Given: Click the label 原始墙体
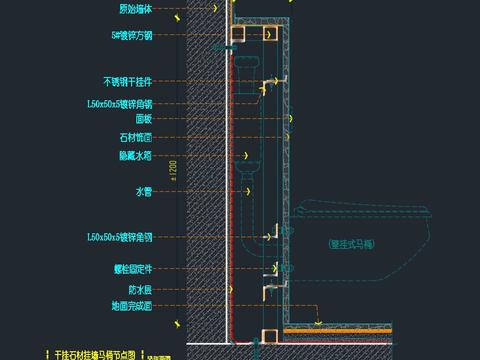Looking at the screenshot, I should (x=135, y=9).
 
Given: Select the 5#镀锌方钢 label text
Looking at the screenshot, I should (x=132, y=35).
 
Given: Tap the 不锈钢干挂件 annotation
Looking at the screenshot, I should (x=127, y=81).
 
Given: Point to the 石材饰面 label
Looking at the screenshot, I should (x=135, y=137).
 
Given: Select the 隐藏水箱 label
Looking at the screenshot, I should (x=135, y=155).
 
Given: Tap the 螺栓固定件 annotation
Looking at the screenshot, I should (x=132, y=269).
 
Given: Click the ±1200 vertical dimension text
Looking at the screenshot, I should (x=174, y=171).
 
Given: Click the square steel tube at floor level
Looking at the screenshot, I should (x=267, y=335).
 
